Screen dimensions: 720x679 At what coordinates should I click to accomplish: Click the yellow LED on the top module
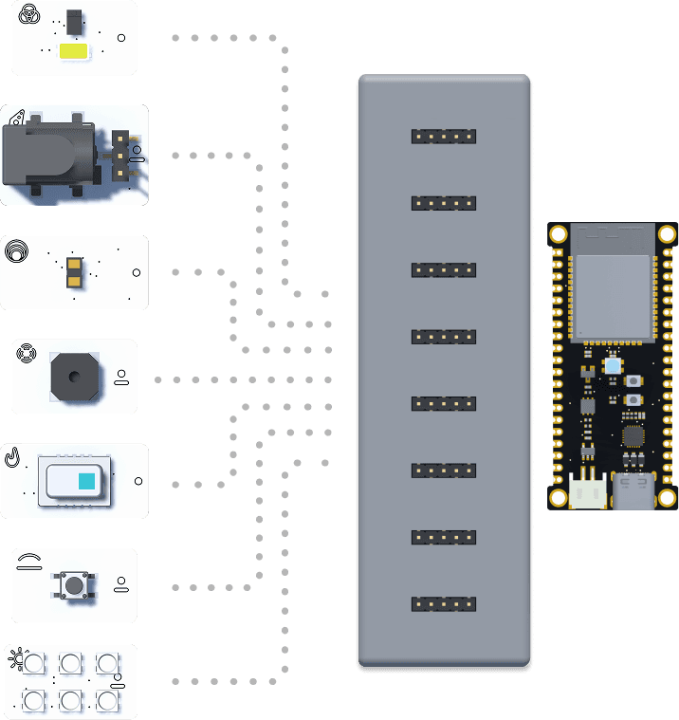point(74,51)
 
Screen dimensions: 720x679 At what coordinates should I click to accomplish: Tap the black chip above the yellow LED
point(74,20)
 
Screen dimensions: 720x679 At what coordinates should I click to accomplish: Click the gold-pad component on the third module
point(73,272)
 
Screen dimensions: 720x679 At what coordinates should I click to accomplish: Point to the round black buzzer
point(72,377)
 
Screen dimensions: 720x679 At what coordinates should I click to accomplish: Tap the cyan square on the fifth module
point(86,481)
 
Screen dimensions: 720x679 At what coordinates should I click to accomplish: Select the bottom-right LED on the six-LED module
point(106,701)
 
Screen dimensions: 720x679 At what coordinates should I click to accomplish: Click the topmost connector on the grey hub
point(443,136)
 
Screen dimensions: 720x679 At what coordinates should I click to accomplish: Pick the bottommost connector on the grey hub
point(443,603)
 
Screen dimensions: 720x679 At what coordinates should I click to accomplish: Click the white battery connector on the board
point(588,490)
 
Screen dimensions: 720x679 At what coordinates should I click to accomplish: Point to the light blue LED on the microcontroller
point(613,365)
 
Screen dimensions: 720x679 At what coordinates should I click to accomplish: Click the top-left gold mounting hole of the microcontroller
point(559,233)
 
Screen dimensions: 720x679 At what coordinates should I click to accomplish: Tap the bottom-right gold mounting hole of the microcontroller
point(668,497)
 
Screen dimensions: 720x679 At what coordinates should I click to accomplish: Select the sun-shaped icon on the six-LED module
point(14,655)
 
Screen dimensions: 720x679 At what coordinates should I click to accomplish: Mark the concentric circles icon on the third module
point(16,251)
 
